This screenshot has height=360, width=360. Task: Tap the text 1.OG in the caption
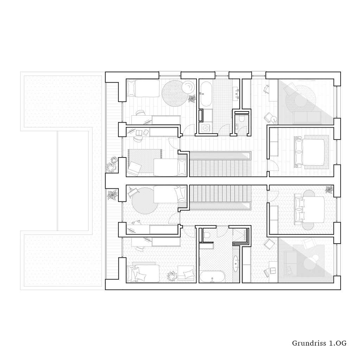338,343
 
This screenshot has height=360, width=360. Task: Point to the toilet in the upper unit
241,118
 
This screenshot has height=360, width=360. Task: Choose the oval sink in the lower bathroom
236,264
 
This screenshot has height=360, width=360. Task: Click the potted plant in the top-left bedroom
192,99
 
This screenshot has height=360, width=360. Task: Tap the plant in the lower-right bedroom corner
329,190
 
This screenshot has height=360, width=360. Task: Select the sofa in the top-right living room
307,116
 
